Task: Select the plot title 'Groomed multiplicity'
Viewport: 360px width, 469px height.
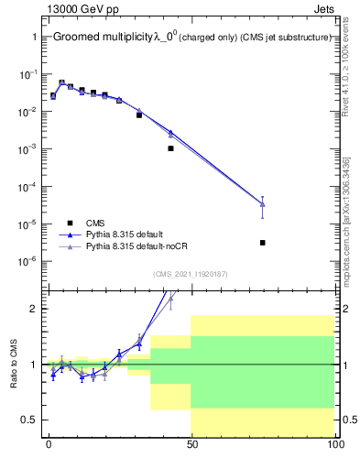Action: pos(102,38)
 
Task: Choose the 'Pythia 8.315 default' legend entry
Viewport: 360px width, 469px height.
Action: pos(127,234)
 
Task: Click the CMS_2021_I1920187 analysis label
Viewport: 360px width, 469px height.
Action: pos(190,274)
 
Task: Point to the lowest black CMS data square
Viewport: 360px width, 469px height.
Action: pos(263,243)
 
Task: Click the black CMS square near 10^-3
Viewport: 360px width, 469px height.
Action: pos(170,148)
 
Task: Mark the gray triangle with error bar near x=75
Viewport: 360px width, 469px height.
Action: pos(263,203)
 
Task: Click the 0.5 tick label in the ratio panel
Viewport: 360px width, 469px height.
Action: pos(28,420)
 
